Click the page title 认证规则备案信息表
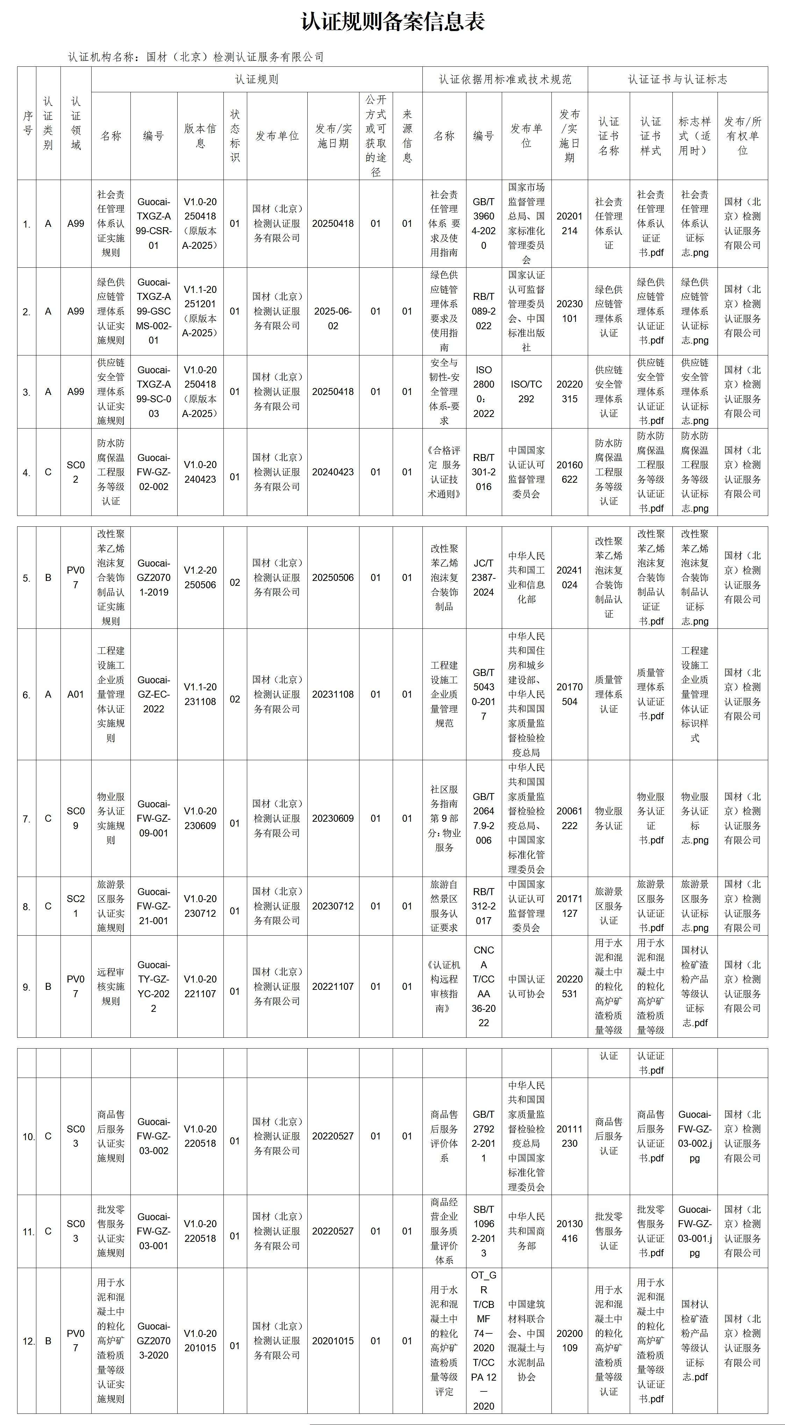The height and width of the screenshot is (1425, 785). [x=392, y=22]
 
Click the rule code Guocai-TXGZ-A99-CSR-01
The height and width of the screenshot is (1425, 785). [x=154, y=223]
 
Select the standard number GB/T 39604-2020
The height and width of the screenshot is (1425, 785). [x=483, y=223]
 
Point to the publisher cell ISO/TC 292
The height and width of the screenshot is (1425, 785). [x=526, y=392]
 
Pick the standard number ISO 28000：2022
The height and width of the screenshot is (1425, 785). [x=483, y=392]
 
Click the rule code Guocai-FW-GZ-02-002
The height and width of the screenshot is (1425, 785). [x=154, y=472]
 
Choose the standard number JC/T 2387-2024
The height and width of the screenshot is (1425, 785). [x=483, y=577]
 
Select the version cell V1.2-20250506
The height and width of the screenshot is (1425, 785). [x=200, y=577]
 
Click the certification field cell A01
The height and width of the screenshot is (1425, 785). [x=76, y=694]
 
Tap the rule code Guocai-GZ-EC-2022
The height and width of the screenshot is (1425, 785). [x=154, y=694]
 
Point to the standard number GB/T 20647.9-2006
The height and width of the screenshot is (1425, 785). [x=483, y=818]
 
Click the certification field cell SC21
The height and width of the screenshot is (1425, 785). [x=76, y=906]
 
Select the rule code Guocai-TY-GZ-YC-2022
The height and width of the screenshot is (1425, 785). [x=154, y=986]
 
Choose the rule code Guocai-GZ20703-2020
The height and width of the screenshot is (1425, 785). [x=154, y=1341]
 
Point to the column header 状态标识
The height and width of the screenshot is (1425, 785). [x=235, y=136]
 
